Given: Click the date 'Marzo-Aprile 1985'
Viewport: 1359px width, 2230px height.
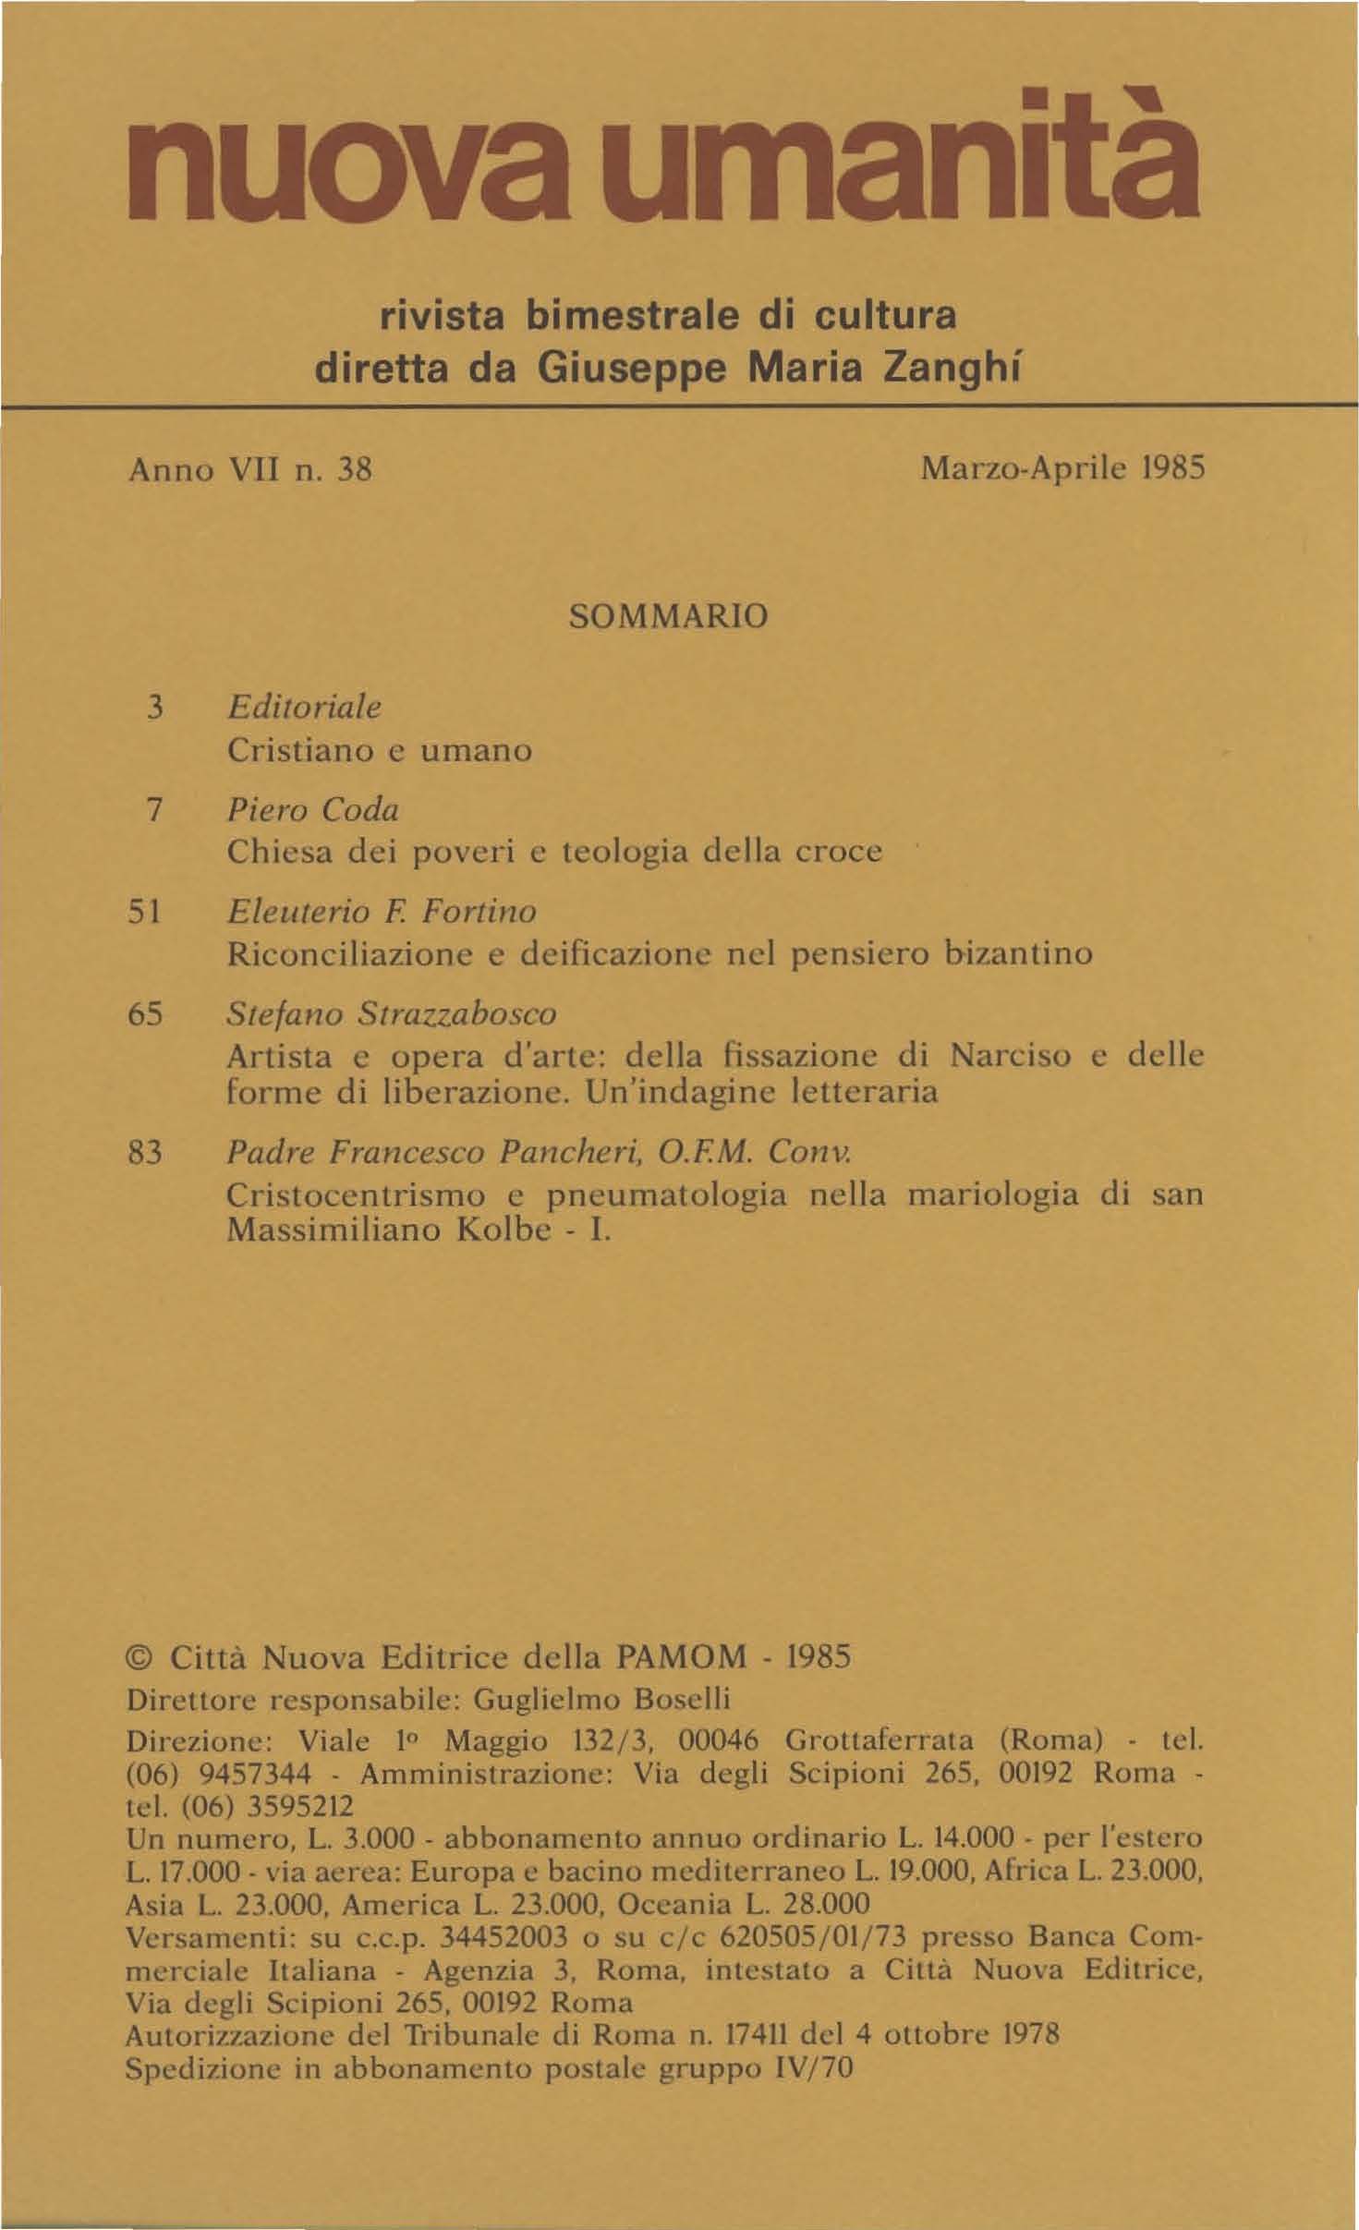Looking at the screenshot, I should point(1063,470).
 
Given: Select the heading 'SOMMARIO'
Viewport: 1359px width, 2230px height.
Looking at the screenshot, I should point(669,615).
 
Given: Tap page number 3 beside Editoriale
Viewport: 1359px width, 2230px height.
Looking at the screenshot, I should point(155,709).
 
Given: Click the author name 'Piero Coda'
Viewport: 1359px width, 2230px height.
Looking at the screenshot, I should point(312,810).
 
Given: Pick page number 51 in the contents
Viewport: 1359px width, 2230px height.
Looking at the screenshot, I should point(146,912).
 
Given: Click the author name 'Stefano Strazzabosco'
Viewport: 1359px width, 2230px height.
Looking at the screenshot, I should point(392,1013).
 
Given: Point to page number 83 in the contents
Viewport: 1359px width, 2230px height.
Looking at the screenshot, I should point(146,1153).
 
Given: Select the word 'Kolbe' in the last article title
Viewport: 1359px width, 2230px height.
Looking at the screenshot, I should point(504,1231).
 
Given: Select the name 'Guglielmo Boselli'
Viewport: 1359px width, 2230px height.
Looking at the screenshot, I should point(601,1699).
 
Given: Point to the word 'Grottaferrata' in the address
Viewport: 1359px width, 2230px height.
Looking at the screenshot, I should point(880,1740).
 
